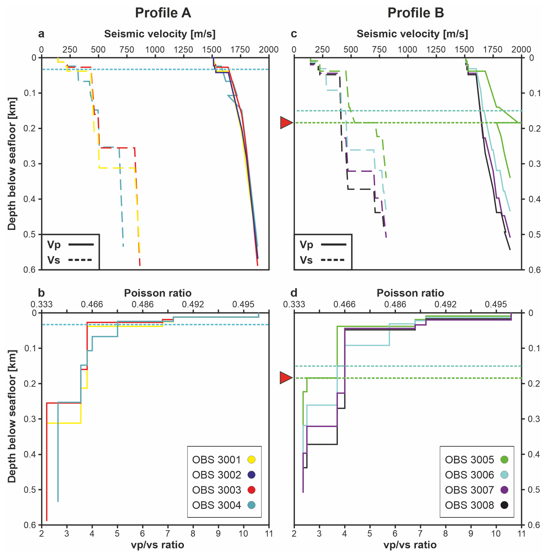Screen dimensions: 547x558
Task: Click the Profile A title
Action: [163, 13]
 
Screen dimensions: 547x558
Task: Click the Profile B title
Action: [415, 13]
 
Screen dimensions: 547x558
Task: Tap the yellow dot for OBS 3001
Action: [252, 459]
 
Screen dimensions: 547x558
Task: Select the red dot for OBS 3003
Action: [252, 490]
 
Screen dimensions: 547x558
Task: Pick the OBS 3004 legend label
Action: [216, 505]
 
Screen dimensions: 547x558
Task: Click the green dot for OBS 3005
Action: [504, 459]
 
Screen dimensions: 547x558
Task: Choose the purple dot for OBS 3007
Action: [504, 490]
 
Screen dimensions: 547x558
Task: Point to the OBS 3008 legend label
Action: [469, 505]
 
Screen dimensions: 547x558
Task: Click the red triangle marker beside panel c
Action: [287, 123]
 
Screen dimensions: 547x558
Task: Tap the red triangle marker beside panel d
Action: [287, 378]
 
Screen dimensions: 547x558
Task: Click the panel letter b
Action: [41, 293]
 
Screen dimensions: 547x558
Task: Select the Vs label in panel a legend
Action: [54, 260]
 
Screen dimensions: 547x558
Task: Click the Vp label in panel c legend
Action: [306, 245]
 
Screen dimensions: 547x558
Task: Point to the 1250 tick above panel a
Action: [183, 49]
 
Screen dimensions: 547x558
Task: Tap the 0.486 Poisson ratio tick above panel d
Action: [395, 304]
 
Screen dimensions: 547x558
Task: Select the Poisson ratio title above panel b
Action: [158, 293]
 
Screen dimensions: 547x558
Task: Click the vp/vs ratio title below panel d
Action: [410, 545]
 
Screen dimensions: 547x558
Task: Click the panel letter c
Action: [294, 34]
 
